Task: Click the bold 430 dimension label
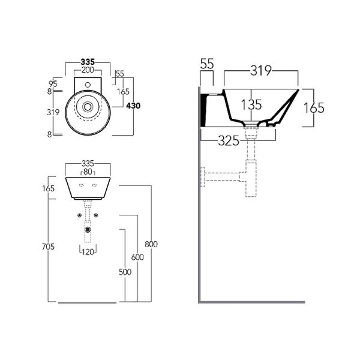tap(133, 106)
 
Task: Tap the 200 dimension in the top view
tap(88, 70)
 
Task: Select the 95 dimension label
tap(53, 84)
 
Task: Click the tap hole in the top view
tap(88, 85)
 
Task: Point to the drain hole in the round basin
tap(88, 107)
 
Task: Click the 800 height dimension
tap(151, 244)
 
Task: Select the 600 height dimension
tap(137, 257)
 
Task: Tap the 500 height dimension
tap(125, 272)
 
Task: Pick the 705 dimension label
tap(48, 247)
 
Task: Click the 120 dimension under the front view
tap(88, 252)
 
